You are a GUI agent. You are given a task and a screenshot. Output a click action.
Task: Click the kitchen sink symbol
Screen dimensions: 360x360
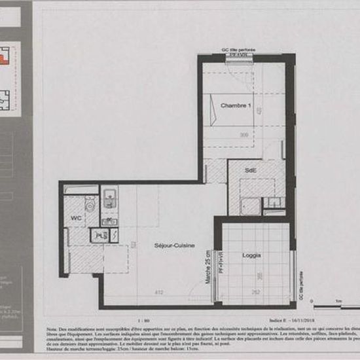pos(110,197)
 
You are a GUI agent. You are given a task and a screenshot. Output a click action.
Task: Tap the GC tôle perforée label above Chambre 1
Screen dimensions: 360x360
pos(239,50)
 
